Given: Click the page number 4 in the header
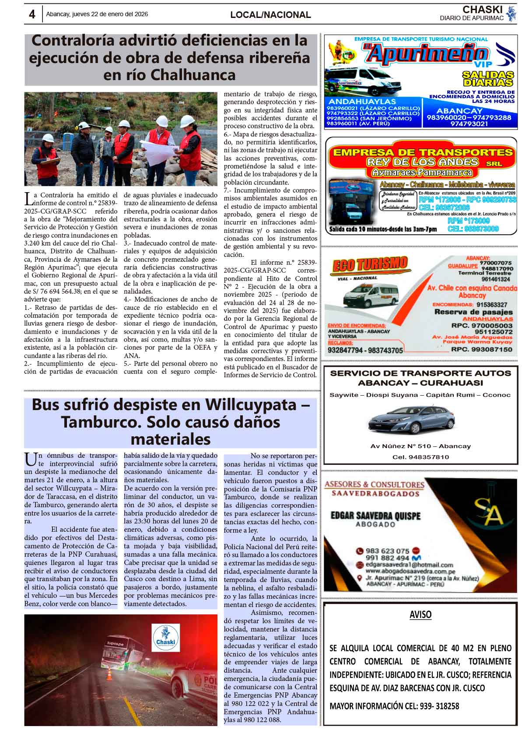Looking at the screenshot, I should pos(32,14).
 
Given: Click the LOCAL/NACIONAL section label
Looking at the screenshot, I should pos(270,15).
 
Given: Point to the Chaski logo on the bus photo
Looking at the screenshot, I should pos(165,638).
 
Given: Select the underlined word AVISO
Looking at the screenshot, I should pos(420,614).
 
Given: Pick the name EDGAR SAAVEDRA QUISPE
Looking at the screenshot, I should pos(375,516).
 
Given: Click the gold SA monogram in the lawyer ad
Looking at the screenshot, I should pos(488,515).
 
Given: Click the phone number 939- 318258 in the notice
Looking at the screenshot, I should pos(437,706).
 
